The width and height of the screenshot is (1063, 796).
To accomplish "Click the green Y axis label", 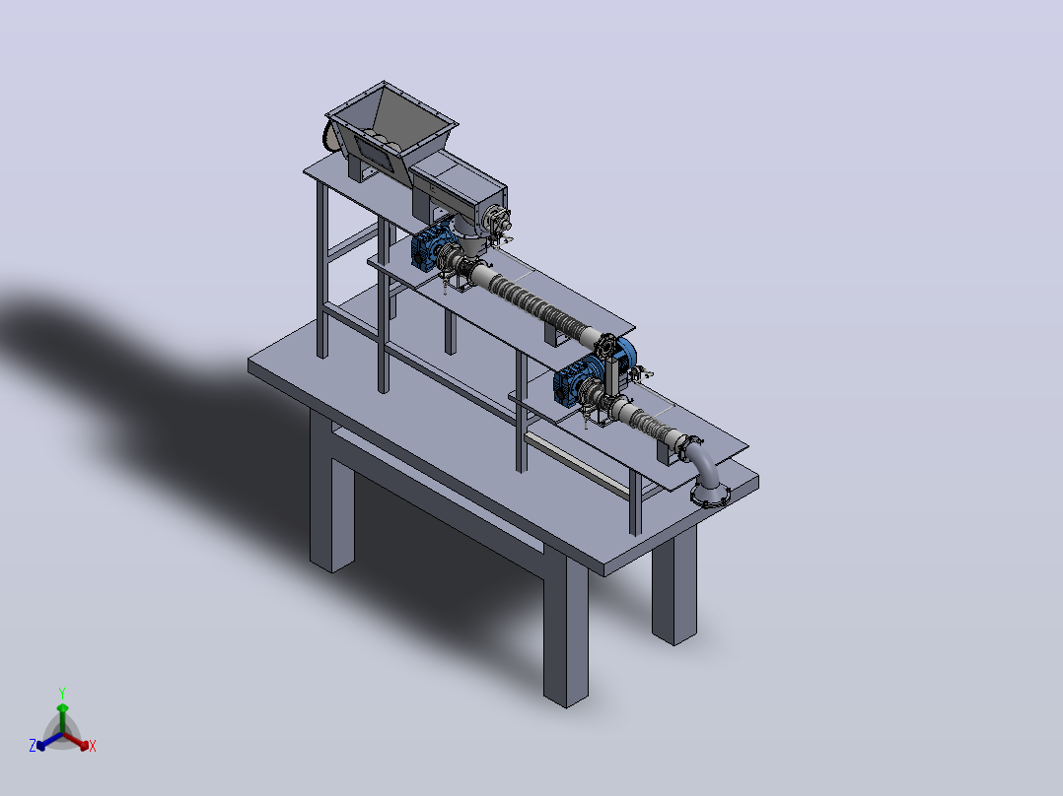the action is (62, 693).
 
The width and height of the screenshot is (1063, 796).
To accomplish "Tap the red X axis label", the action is (93, 746).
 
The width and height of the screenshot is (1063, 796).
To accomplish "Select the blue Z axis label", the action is (32, 745).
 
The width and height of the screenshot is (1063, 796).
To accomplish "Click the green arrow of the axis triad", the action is (62, 718).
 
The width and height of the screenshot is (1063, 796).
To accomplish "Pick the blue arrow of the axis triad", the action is (49, 741).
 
